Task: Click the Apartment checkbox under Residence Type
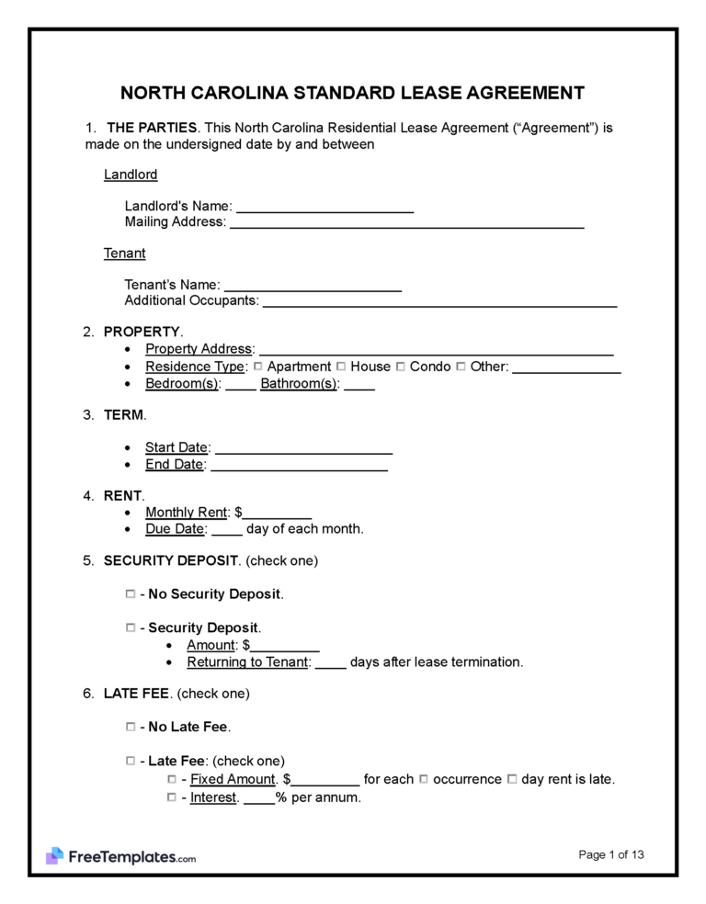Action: [258, 367]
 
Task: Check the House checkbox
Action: [341, 367]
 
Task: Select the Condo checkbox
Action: [400, 367]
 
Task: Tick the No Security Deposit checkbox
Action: [130, 594]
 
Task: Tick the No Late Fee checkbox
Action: [130, 727]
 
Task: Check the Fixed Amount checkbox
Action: [172, 779]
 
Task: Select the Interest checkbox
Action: [172, 797]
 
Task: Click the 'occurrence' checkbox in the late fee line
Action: [424, 779]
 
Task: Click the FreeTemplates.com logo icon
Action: [54, 856]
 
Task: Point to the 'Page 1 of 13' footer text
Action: [611, 855]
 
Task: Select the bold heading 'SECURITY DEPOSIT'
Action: [171, 559]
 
